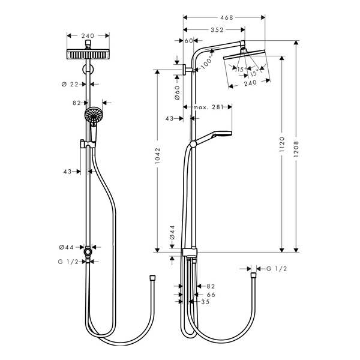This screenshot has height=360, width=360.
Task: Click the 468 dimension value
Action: pos(226,17)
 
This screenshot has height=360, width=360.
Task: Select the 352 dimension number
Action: pos(217,30)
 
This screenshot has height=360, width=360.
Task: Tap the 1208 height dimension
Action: pos(296,149)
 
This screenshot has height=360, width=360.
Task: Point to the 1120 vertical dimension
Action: pos(282,144)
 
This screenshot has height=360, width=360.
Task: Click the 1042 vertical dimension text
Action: pos(157,155)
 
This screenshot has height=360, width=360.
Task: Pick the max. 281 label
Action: pos(208,107)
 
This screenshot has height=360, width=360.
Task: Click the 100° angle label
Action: pos(206,63)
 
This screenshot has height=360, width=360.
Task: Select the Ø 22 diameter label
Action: pos(70,85)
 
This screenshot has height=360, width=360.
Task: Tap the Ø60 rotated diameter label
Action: pos(177,93)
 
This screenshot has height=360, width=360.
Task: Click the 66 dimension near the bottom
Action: pos(211,295)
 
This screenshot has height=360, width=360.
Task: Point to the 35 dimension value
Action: pos(205,302)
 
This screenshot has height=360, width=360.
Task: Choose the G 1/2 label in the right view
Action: pos(277,269)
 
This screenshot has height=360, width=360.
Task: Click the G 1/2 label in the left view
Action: pos(68,262)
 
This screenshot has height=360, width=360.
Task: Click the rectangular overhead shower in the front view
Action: pos(88,54)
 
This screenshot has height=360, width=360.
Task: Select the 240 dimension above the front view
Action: pos(88,36)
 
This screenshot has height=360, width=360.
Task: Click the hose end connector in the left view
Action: pos(152,278)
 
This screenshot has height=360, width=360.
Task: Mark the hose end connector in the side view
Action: pos(253,275)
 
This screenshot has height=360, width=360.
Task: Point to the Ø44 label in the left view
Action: pos(67,247)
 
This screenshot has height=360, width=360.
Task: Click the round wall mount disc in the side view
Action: pos(184,70)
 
